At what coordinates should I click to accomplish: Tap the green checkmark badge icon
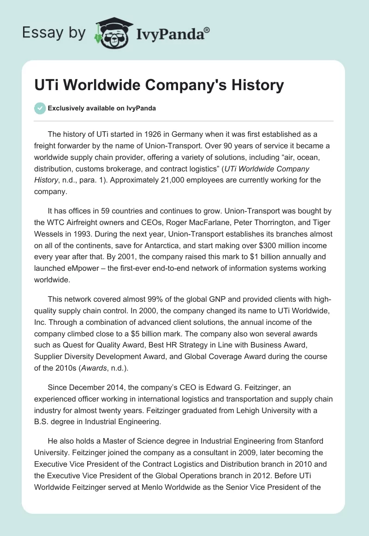pos(40,108)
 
